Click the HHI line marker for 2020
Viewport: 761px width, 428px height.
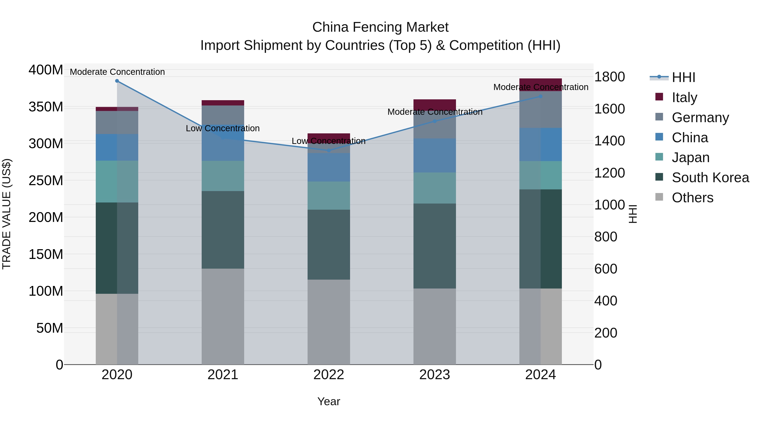point(117,81)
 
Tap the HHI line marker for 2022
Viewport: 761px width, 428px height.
point(329,151)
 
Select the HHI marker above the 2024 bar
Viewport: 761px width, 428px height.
point(541,96)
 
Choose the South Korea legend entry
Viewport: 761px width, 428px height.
point(710,178)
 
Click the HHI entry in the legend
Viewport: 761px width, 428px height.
point(683,77)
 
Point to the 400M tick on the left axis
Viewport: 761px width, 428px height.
point(46,70)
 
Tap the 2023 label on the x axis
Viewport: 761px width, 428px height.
point(435,375)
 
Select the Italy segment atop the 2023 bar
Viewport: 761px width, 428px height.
point(435,104)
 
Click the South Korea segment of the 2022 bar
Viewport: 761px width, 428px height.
point(329,245)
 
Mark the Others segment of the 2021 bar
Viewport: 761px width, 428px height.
point(223,316)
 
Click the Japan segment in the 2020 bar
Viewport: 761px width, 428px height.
point(117,181)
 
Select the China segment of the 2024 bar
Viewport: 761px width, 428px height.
point(541,144)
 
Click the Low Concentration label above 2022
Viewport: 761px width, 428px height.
point(328,141)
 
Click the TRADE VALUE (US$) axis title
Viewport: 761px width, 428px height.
point(7,214)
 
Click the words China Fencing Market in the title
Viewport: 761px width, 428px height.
point(380,27)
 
